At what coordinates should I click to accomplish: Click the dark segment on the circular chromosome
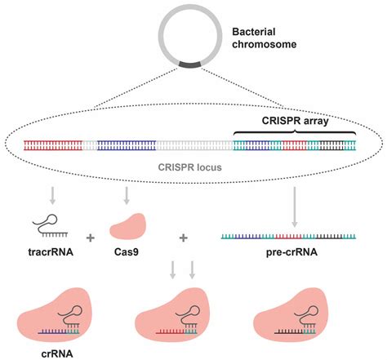pos(193,61)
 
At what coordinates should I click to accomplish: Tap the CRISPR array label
pos(296,120)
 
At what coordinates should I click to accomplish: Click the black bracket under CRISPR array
pos(296,132)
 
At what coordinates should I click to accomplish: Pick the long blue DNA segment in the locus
pos(127,146)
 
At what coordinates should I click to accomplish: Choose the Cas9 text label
pos(126,251)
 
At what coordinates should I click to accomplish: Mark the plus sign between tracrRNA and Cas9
pos(89,238)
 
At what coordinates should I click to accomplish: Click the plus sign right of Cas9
pos(183,238)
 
